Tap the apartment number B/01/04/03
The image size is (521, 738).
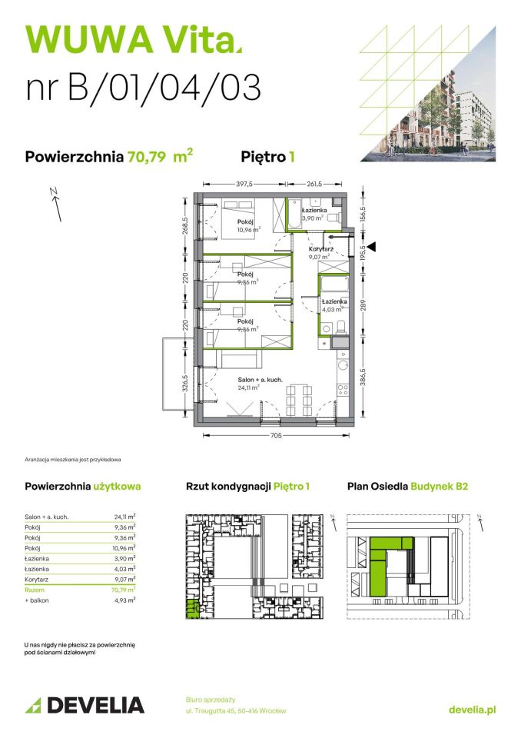(x=143, y=88)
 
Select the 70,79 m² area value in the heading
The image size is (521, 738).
(x=160, y=157)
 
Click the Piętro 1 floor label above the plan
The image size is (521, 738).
(x=269, y=157)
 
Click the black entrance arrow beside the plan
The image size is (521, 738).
(x=371, y=247)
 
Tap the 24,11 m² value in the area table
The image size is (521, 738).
(x=124, y=517)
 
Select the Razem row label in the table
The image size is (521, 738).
(x=35, y=589)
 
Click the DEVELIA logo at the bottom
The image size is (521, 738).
(x=84, y=705)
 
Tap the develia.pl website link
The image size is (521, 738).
(x=472, y=710)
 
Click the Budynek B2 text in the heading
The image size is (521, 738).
(x=439, y=486)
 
